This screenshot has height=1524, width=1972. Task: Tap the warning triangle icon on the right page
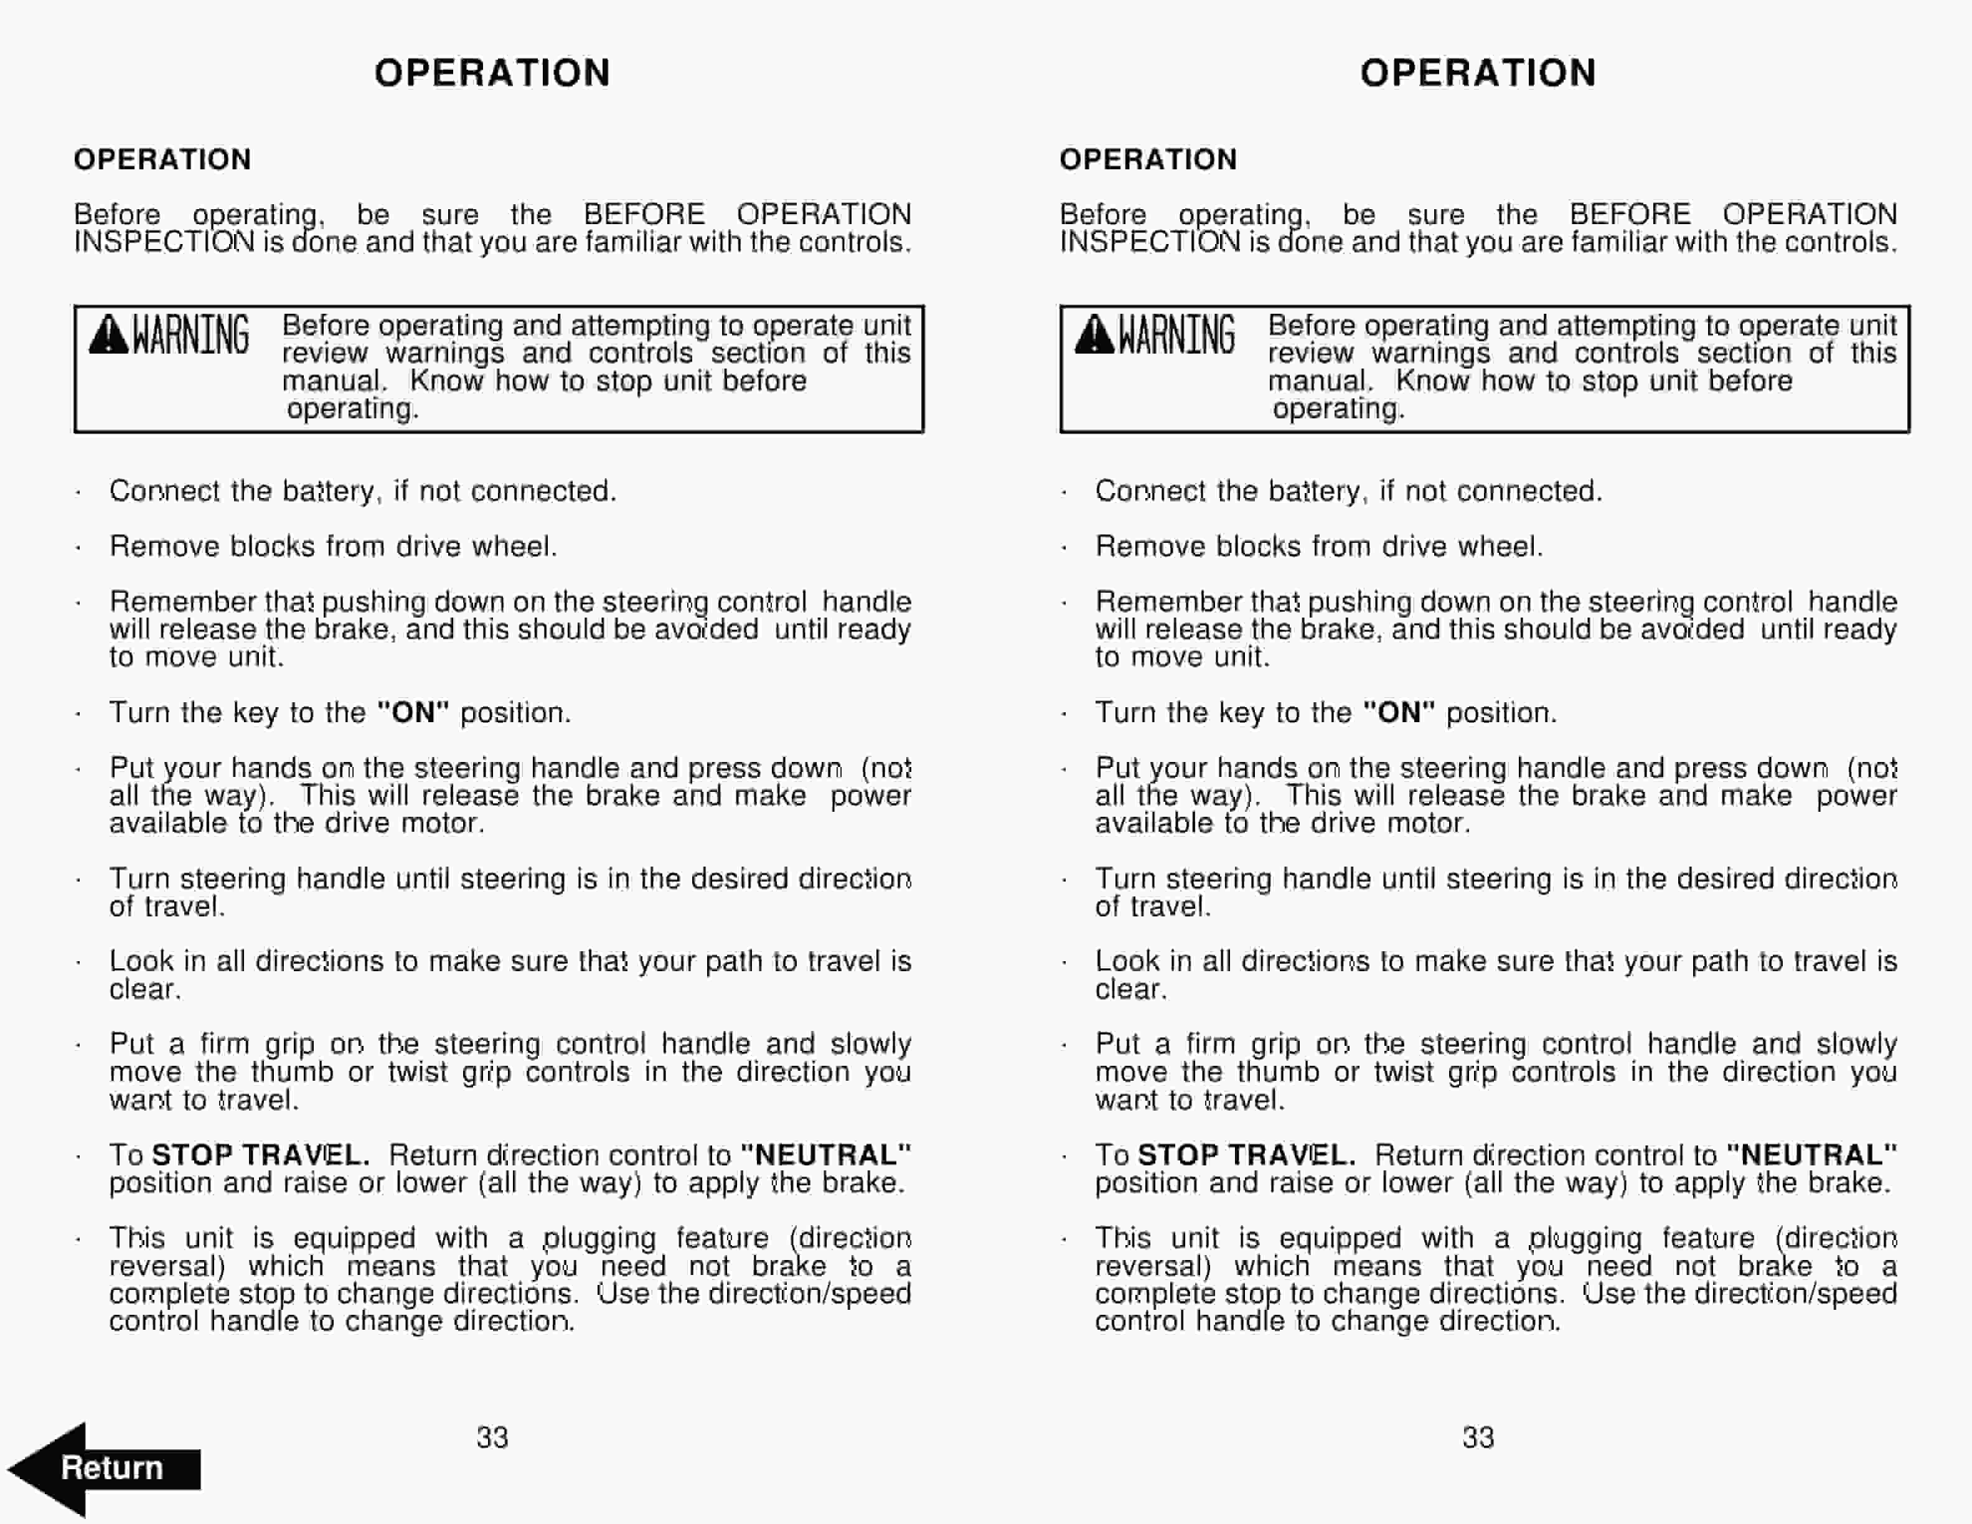point(1094,335)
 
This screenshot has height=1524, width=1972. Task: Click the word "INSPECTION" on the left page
point(164,242)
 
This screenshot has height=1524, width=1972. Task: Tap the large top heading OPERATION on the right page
point(1478,73)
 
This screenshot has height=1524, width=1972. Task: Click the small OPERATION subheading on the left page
point(162,160)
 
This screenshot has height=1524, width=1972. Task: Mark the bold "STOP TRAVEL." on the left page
point(260,1155)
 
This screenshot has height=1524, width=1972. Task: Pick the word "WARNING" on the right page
point(1176,335)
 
